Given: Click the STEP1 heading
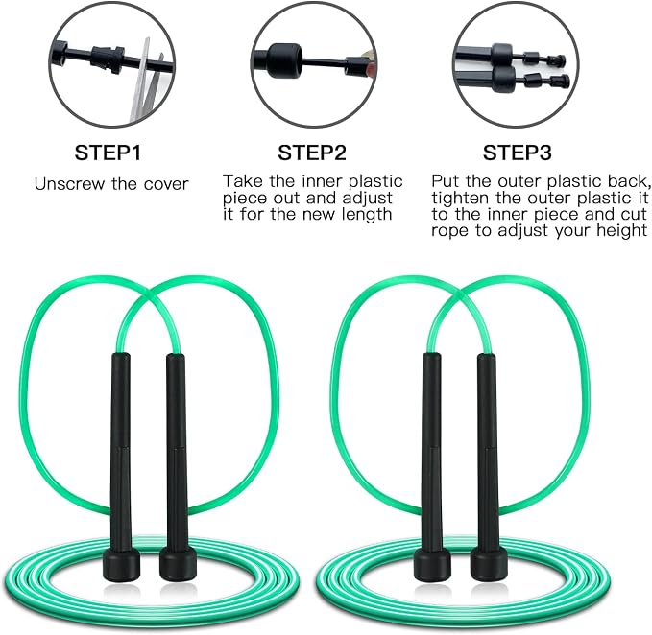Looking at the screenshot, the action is [108, 153].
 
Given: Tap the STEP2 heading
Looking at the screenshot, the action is [312, 153].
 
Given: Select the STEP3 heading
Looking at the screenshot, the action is [517, 153].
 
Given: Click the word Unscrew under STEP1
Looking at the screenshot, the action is [69, 184].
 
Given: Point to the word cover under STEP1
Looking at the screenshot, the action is [166, 184].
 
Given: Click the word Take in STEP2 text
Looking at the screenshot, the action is [243, 181].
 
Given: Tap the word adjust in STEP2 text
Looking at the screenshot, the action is [367, 199].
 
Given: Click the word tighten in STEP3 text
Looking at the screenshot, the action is [460, 199].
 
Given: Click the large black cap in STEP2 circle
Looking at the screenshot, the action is [283, 61].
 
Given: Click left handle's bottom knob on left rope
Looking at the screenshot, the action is [121, 563].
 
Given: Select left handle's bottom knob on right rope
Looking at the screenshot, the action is [433, 563].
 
